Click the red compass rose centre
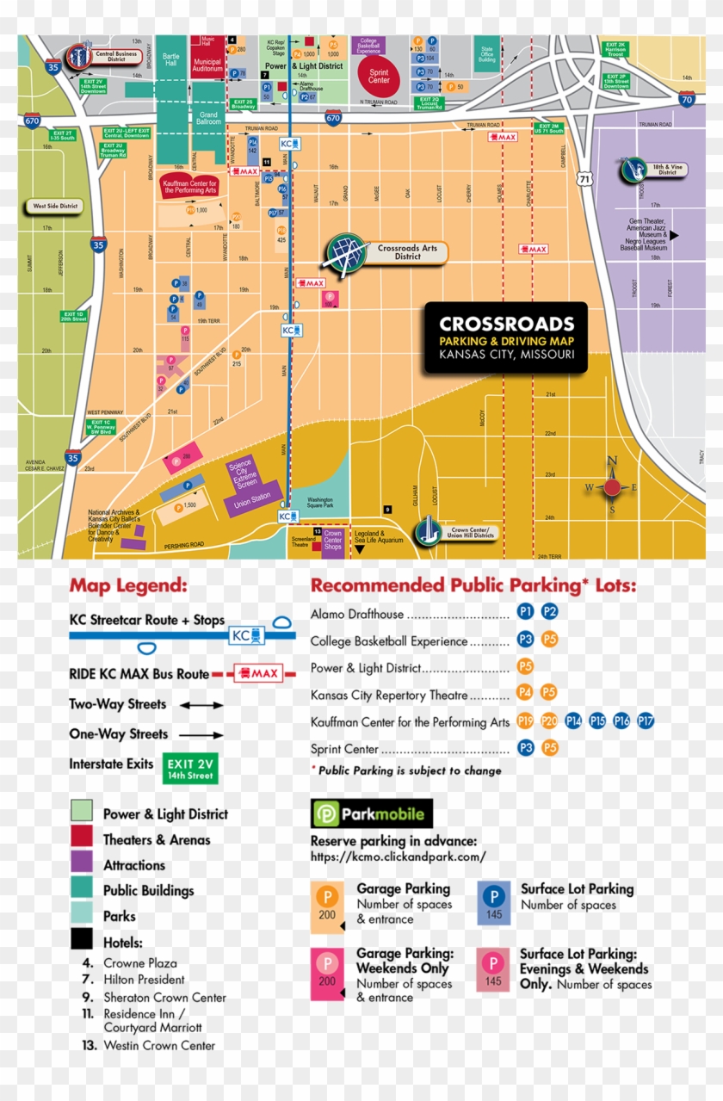tap(612, 487)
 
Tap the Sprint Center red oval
tap(380, 76)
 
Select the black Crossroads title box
tap(506, 337)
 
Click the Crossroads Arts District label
tap(406, 252)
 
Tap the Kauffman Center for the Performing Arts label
tap(189, 186)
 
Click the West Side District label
tap(54, 207)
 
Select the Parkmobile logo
tap(371, 813)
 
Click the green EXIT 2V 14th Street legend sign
tap(191, 769)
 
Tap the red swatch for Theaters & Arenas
tap(82, 837)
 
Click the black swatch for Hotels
tap(82, 940)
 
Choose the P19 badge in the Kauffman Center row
tap(526, 721)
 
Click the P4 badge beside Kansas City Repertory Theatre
tap(526, 693)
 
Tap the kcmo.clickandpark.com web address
tap(398, 857)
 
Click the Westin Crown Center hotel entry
tap(159, 1046)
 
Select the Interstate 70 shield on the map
tap(686, 100)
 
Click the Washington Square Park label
tap(320, 502)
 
